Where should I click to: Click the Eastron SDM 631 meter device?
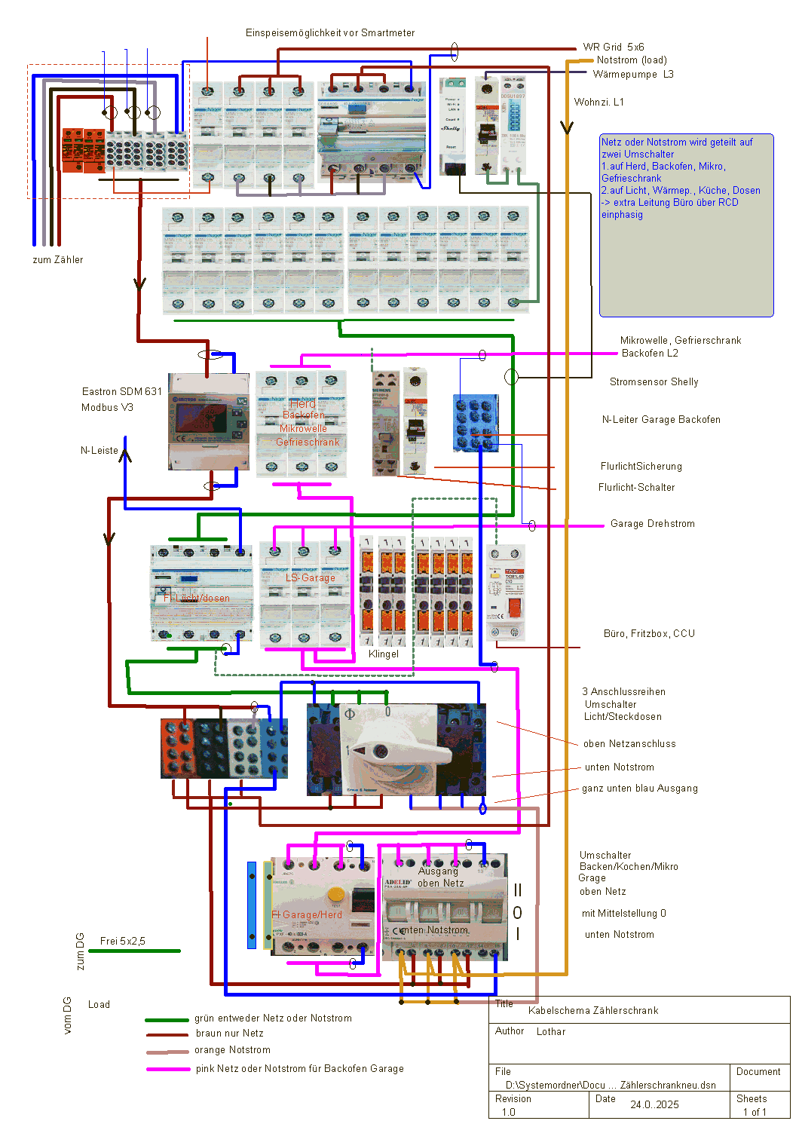pyautogui.click(x=208, y=421)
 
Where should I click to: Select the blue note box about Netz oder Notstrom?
pyautogui.click(x=686, y=226)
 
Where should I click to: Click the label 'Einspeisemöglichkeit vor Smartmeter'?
pyautogui.click(x=330, y=33)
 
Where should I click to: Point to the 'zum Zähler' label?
pyautogui.click(x=58, y=260)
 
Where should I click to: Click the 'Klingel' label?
pyautogui.click(x=384, y=654)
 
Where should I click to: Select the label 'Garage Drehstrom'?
pyautogui.click(x=653, y=524)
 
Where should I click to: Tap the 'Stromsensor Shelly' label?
pyautogui.click(x=654, y=382)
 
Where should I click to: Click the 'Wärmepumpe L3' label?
pyautogui.click(x=633, y=75)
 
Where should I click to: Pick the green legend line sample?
pyautogui.click(x=167, y=1019)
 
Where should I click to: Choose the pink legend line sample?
pyautogui.click(x=168, y=1069)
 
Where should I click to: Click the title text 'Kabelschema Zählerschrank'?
pyautogui.click(x=593, y=1011)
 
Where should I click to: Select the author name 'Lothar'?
pyautogui.click(x=551, y=1032)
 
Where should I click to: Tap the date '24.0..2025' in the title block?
pyautogui.click(x=654, y=1104)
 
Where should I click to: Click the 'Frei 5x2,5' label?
pyautogui.click(x=123, y=942)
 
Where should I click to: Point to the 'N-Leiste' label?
pyautogui.click(x=99, y=451)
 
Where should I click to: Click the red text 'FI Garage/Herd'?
pyautogui.click(x=307, y=915)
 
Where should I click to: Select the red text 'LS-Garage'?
pyautogui.click(x=311, y=578)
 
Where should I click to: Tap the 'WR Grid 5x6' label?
pyautogui.click(x=614, y=47)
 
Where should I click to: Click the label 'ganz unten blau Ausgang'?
pyautogui.click(x=640, y=789)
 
